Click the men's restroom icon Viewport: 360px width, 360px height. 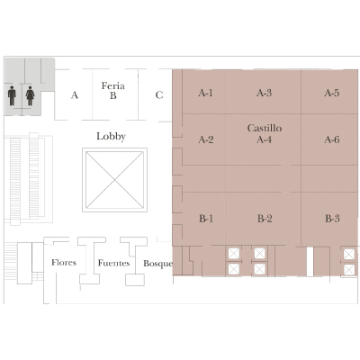(x=12, y=95)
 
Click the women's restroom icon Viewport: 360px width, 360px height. (x=30, y=95)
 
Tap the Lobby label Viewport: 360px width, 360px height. (x=111, y=137)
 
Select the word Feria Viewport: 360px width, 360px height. (x=112, y=85)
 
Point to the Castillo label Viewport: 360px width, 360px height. (x=265, y=128)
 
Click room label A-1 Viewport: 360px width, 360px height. (x=205, y=93)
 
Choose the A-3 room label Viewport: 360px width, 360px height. (x=264, y=93)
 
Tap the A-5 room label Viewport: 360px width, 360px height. (x=332, y=93)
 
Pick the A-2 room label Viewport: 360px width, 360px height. (x=206, y=139)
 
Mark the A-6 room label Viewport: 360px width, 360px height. (x=332, y=139)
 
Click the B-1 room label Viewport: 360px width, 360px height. (x=206, y=219)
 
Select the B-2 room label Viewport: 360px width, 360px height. (x=265, y=219)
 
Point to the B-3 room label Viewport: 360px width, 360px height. (x=332, y=219)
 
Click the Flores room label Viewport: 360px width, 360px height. (x=64, y=263)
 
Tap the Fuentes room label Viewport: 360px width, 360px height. (x=113, y=263)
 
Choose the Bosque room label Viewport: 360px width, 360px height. (x=158, y=264)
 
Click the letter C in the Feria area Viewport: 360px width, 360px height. (x=159, y=95)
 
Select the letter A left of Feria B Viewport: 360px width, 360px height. (x=75, y=95)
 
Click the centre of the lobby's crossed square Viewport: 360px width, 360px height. (x=114, y=180)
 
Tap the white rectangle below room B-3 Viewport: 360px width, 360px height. (x=310, y=261)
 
